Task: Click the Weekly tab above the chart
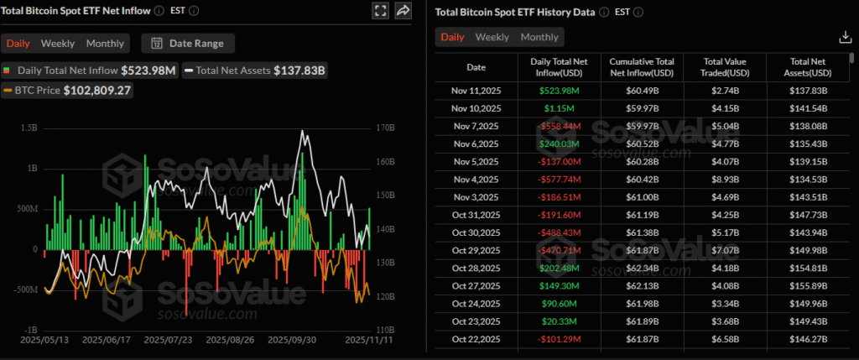58,44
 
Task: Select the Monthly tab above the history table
539,37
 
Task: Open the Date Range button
189,44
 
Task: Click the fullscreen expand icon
380,11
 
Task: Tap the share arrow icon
403,11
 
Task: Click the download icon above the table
845,37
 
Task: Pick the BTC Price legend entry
67,90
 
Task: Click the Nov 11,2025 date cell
476,91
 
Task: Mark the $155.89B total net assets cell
808,284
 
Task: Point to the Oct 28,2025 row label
476,267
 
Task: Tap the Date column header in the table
476,66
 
